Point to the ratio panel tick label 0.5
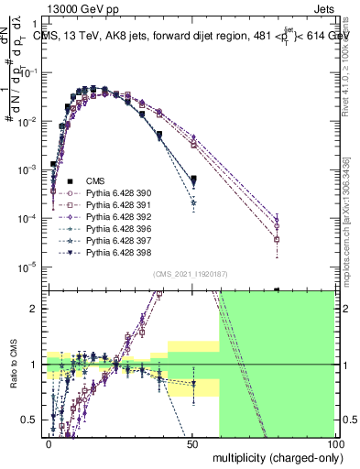coord(30,420)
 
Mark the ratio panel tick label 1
coord(34,365)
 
